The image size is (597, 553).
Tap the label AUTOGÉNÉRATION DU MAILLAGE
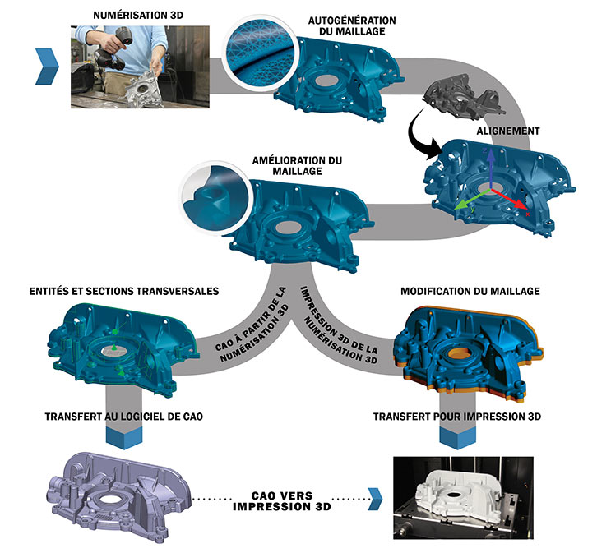pos(351,25)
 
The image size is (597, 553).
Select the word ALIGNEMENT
pos(507,131)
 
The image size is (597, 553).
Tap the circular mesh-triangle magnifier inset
pos(257,51)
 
